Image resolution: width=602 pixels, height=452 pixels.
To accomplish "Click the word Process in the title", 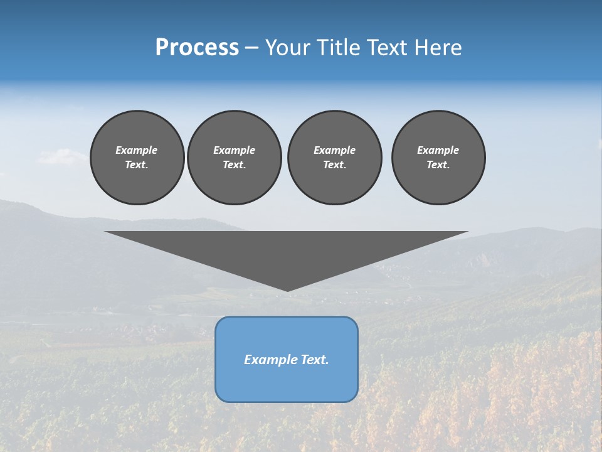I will click(x=197, y=48).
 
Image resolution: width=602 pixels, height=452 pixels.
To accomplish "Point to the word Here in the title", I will click(x=439, y=48).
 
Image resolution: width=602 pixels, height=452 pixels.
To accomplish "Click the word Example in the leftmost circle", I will click(x=137, y=150).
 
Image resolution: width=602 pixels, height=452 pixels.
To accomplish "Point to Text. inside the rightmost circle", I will click(x=438, y=165).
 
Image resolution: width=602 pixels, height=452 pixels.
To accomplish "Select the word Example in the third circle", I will click(x=334, y=150).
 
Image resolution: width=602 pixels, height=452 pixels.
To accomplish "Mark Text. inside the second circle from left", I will click(x=235, y=165).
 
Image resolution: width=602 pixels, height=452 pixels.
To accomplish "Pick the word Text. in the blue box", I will click(x=315, y=360).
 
